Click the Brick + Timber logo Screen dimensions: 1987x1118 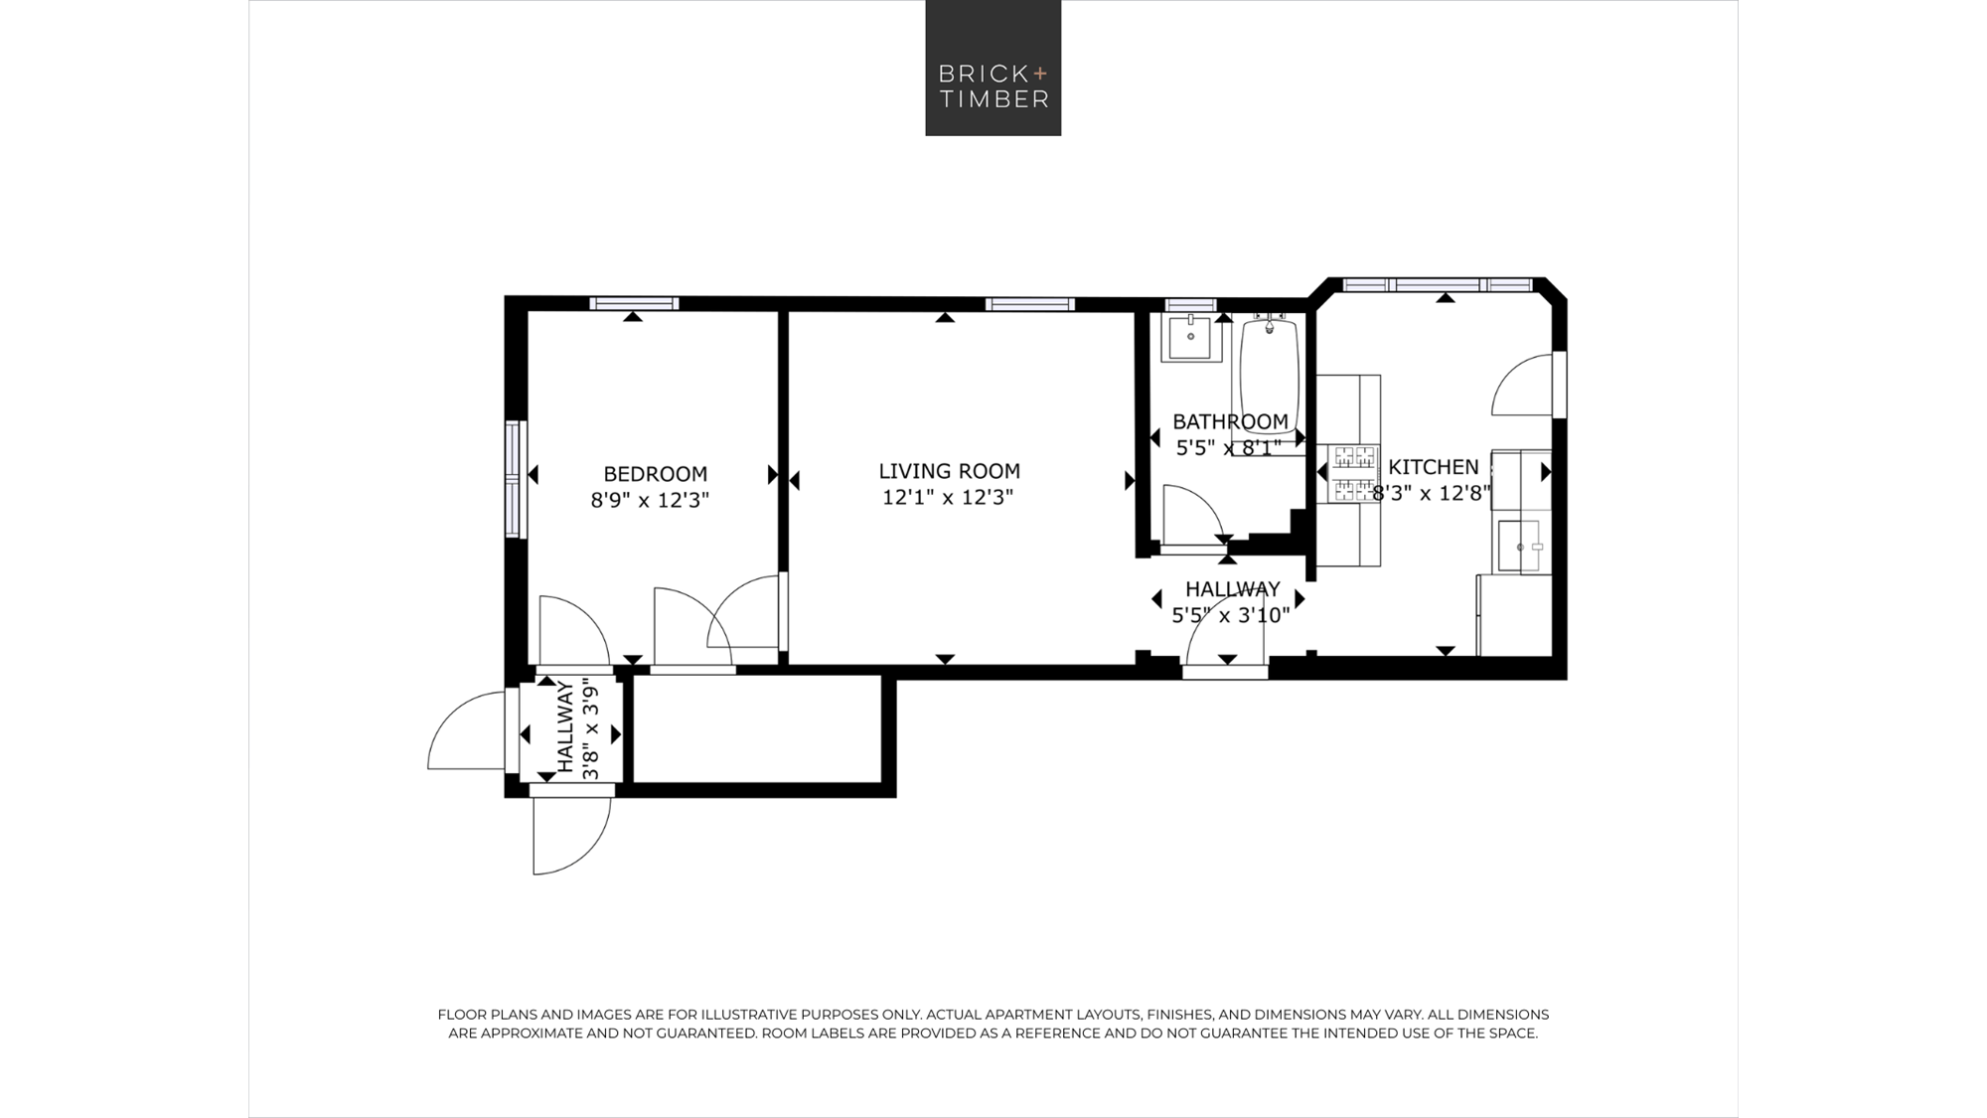(x=993, y=68)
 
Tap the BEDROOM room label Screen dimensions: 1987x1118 (x=656, y=474)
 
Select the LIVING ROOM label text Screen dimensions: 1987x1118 (x=950, y=471)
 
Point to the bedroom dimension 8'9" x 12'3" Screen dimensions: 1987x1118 (x=650, y=500)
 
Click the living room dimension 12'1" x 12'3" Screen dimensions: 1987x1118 (x=948, y=497)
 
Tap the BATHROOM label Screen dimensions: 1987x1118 (x=1230, y=421)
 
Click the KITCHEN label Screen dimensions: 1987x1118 (x=1434, y=466)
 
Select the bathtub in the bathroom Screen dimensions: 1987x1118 (x=1270, y=384)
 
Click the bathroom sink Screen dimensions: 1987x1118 (x=1190, y=338)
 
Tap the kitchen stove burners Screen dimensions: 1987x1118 (x=1355, y=472)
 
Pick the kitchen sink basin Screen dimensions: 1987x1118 (x=1519, y=546)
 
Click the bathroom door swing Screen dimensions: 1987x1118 (x=1193, y=513)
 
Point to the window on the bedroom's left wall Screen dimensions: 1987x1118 (x=514, y=480)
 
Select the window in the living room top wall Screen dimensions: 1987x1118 (x=1030, y=304)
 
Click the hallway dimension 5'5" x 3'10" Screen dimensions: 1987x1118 (x=1231, y=615)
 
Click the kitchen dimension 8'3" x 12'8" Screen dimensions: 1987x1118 (x=1432, y=493)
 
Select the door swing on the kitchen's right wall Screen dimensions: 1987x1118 (x=1522, y=385)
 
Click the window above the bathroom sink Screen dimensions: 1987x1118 (x=1190, y=305)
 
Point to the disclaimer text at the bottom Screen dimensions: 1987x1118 (x=993, y=1024)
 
